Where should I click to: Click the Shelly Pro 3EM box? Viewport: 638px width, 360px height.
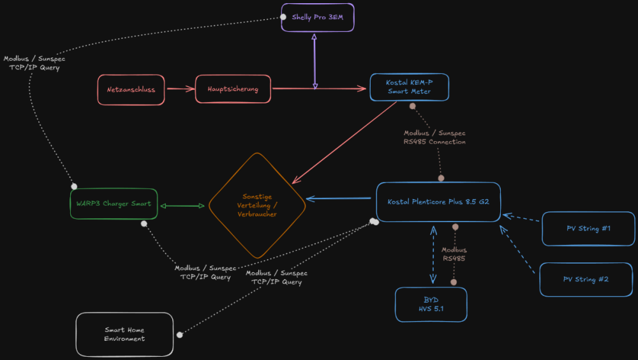[x=317, y=17]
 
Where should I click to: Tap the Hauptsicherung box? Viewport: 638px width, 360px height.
[x=233, y=89]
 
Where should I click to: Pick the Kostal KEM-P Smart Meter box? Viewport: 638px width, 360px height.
[x=409, y=87]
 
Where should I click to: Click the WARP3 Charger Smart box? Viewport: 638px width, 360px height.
[x=114, y=204]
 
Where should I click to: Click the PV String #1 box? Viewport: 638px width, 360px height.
[x=588, y=229]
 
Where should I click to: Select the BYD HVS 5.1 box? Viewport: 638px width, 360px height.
[x=431, y=304]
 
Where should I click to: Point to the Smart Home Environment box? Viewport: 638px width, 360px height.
[x=124, y=334]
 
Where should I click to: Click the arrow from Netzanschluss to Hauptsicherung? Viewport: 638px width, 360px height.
[x=180, y=89]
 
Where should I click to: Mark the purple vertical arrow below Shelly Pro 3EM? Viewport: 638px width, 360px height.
[x=314, y=61]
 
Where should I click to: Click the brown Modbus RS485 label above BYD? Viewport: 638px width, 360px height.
[x=454, y=255]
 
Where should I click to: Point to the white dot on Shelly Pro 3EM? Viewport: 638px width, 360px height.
[x=283, y=17]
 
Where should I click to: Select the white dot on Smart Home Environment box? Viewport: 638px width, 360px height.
[x=179, y=334]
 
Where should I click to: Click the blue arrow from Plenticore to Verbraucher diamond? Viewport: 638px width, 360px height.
[x=339, y=199]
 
